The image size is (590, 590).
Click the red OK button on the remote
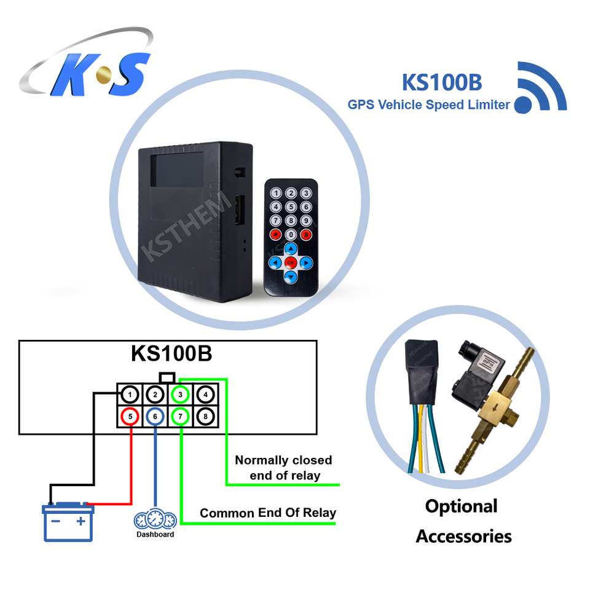click(291, 262)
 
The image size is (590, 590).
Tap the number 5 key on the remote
click(291, 207)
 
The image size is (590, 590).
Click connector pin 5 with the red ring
click(130, 417)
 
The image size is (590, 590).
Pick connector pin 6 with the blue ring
click(155, 417)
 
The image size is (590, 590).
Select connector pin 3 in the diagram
click(181, 395)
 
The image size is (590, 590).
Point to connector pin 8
click(206, 417)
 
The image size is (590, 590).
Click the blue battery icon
click(68, 522)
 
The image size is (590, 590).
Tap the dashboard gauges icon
click(155, 519)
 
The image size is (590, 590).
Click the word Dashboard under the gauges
click(155, 534)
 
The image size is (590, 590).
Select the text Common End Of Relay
click(268, 513)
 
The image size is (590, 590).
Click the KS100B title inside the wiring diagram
click(171, 353)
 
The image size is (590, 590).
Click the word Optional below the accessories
click(461, 506)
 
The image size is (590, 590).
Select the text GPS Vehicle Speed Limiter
click(428, 104)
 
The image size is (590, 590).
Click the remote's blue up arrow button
click(291, 249)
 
